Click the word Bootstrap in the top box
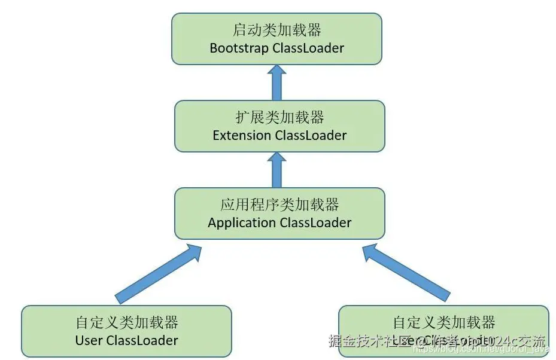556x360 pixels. coord(239,48)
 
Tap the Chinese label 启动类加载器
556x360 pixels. coord(277,30)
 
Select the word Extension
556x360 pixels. coord(242,135)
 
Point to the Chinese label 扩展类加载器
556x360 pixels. coord(279,117)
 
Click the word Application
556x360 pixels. coord(242,222)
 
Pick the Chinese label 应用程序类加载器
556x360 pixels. coord(279,205)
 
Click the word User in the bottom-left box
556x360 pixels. coord(89,340)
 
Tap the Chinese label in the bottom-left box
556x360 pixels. coord(127,322)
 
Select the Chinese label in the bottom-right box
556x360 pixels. coord(443,322)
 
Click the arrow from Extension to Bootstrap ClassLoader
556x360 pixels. coord(277,83)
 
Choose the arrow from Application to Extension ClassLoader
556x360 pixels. coord(277,170)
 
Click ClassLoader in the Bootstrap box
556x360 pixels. coord(308,48)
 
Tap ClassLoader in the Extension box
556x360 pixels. coord(311,135)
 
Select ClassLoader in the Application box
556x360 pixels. coord(315,222)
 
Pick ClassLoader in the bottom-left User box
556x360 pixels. coord(142,340)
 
